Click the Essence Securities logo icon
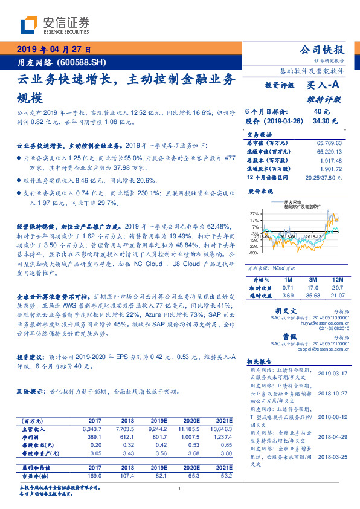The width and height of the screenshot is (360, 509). tap(30, 25)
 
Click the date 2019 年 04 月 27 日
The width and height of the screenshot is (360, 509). tap(53, 50)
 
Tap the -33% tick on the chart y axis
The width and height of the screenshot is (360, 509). tap(254, 254)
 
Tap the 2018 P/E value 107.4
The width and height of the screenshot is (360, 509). tap(128, 476)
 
